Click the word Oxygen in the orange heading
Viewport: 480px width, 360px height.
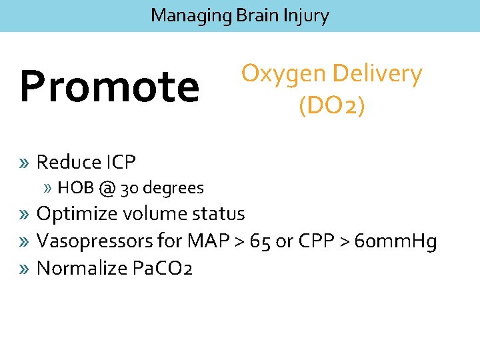[284, 74]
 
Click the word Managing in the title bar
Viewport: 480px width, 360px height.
[190, 15]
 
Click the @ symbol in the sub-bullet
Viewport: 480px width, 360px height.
[109, 189]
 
